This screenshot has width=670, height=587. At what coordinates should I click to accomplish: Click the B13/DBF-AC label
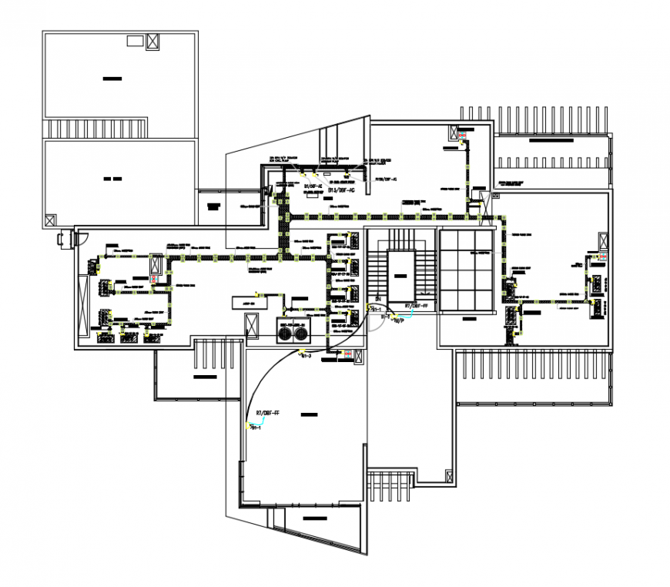point(341,189)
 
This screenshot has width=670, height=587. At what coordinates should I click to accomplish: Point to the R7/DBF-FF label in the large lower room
point(268,414)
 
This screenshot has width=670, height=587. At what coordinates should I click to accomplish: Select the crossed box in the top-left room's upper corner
point(152,42)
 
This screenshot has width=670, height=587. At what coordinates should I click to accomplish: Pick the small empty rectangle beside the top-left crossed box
point(135,41)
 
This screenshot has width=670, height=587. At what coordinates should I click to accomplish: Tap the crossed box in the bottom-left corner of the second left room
point(51,220)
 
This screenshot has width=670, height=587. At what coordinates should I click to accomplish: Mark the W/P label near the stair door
point(399,321)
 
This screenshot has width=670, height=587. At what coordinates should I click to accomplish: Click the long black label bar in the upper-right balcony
point(551,142)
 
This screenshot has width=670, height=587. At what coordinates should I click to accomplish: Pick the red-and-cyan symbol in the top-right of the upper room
point(462,138)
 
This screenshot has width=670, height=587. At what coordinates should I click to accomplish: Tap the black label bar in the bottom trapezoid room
point(314,518)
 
